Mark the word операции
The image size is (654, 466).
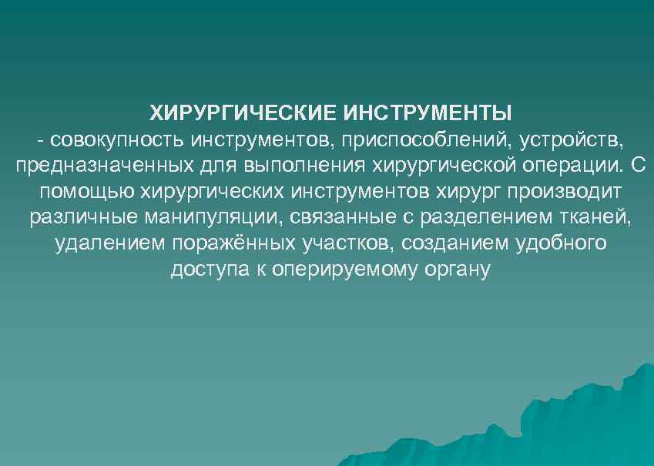(566, 166)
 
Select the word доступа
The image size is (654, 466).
(205, 270)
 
